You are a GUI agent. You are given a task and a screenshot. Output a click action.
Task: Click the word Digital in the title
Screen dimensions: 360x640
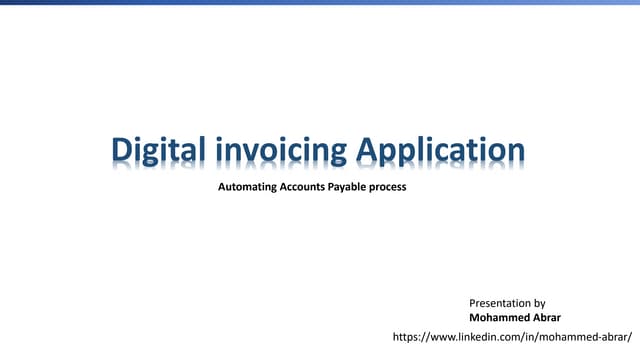click(157, 151)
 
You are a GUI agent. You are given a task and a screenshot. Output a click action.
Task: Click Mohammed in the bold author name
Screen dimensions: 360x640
click(496, 317)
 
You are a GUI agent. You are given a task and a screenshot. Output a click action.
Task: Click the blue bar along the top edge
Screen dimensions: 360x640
click(320, 3)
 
